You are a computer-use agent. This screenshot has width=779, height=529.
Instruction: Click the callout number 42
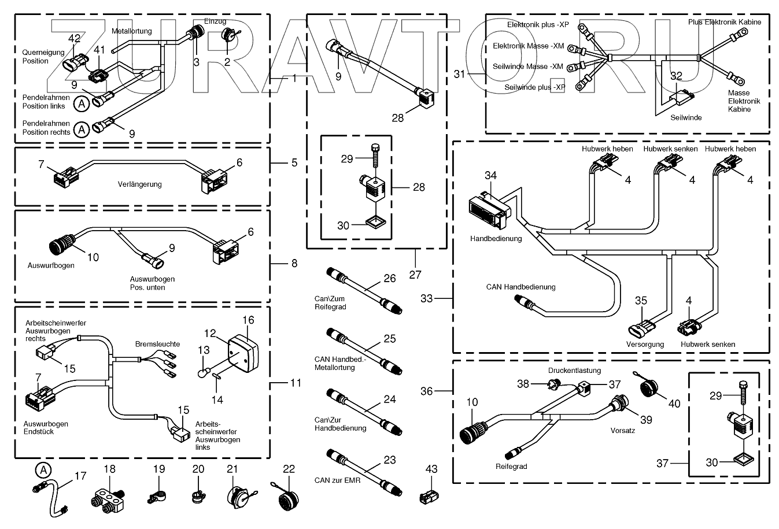[75, 39]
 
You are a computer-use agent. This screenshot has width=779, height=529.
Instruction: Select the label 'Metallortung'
[131, 31]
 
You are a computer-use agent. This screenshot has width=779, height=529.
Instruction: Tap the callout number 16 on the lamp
[248, 320]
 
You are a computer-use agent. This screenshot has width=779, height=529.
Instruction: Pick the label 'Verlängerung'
[140, 184]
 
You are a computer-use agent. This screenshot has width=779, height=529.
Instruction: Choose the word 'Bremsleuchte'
[157, 344]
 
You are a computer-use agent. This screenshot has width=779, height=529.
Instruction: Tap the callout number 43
[431, 469]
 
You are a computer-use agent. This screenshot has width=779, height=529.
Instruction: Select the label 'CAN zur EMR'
[337, 480]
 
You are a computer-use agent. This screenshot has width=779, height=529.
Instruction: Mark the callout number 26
[390, 279]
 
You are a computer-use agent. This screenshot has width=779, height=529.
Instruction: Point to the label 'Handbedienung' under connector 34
[496, 238]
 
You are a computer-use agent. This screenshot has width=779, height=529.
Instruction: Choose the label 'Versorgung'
[645, 344]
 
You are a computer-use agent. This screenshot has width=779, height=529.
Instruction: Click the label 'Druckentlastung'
[574, 371]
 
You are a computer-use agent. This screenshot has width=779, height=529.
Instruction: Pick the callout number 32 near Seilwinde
[676, 76]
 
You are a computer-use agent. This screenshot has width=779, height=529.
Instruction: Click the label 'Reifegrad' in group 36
[511, 467]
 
